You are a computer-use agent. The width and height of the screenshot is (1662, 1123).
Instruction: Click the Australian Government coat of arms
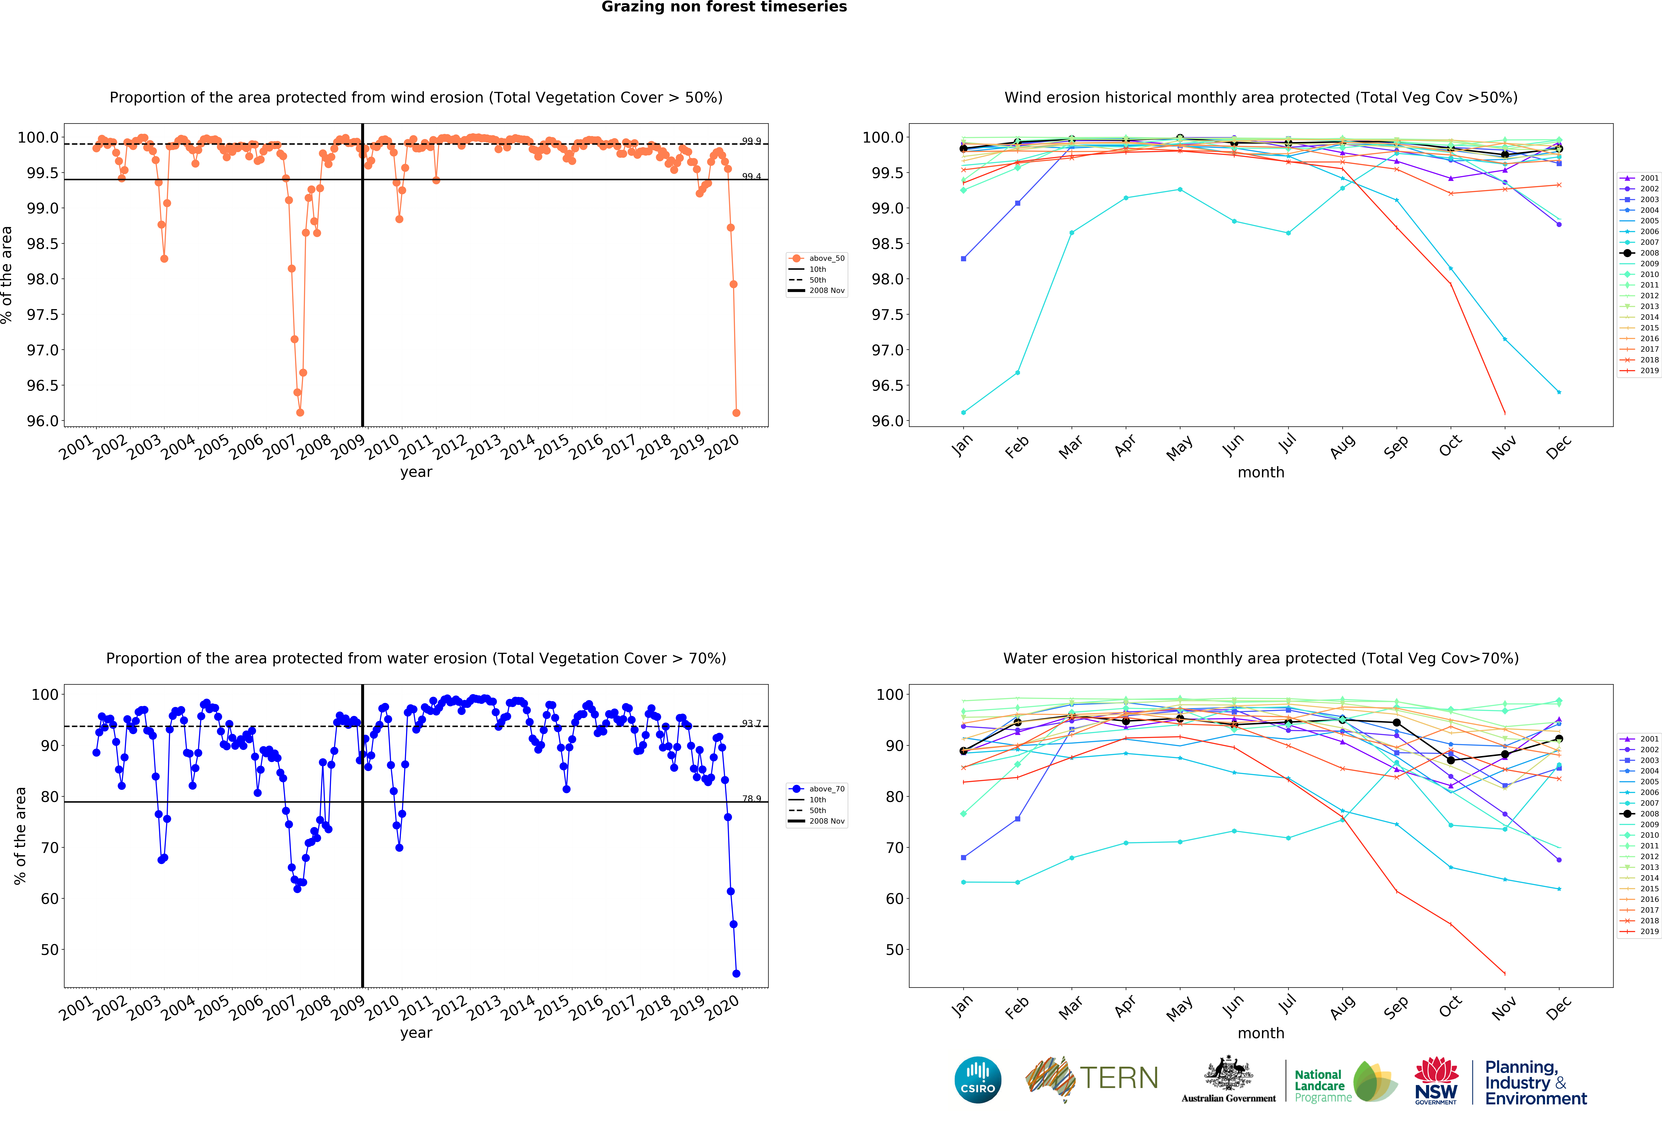point(1228,1073)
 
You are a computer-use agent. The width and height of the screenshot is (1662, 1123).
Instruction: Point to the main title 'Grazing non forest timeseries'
point(724,7)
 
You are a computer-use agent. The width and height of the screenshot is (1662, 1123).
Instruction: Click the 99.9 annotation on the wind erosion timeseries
point(751,141)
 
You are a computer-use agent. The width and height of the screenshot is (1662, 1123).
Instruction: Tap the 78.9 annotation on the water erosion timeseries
point(751,798)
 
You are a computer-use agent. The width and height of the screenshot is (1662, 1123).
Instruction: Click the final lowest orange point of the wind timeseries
point(736,413)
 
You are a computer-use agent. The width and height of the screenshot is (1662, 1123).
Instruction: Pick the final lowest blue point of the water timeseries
point(736,974)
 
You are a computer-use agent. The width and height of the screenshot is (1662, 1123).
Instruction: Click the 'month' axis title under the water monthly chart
point(1261,1033)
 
